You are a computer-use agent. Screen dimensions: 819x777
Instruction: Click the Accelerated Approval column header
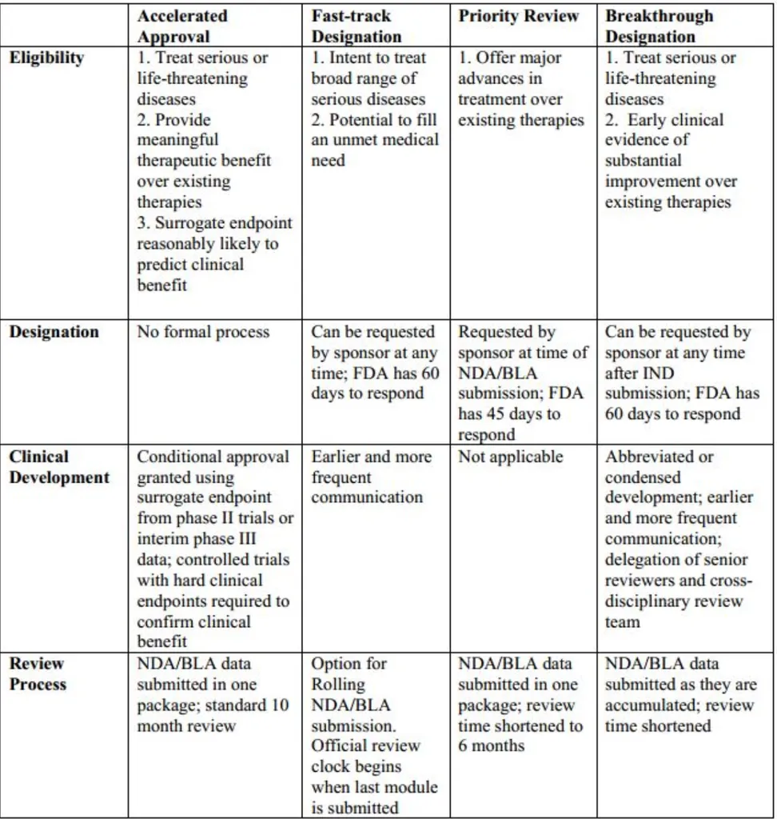[182, 26]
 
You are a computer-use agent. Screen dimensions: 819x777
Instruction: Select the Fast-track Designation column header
[357, 26]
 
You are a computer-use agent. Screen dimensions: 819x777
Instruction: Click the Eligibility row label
[46, 58]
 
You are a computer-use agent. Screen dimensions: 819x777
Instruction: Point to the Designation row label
[54, 332]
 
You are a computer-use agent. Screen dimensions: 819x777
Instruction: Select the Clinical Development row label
[59, 467]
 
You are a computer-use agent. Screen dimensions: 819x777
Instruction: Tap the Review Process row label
[38, 673]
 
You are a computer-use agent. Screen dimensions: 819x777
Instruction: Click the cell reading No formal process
[204, 332]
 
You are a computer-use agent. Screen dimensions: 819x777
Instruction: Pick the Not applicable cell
[511, 457]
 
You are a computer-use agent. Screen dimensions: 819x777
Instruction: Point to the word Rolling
[338, 685]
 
